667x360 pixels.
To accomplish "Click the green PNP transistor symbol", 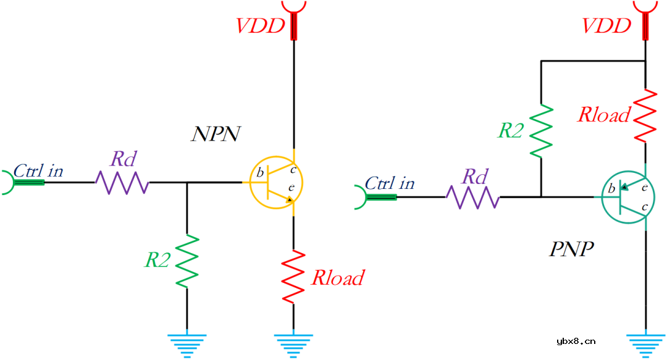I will [625, 198].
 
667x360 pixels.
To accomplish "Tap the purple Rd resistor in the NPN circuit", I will [122, 183].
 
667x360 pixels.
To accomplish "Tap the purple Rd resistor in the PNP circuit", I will [473, 198].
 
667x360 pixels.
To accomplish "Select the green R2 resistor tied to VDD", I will [540, 130].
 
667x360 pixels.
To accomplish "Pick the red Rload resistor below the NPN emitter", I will [294, 275].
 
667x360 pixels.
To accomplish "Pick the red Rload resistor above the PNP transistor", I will [645, 115].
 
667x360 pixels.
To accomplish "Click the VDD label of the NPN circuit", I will [261, 26].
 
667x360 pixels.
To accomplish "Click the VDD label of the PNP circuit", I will [607, 26].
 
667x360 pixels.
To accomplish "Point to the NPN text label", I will [215, 134].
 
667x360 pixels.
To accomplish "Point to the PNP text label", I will [571, 249].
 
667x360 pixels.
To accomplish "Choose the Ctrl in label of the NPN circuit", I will [38, 170].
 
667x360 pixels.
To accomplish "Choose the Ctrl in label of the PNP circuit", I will [390, 183].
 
